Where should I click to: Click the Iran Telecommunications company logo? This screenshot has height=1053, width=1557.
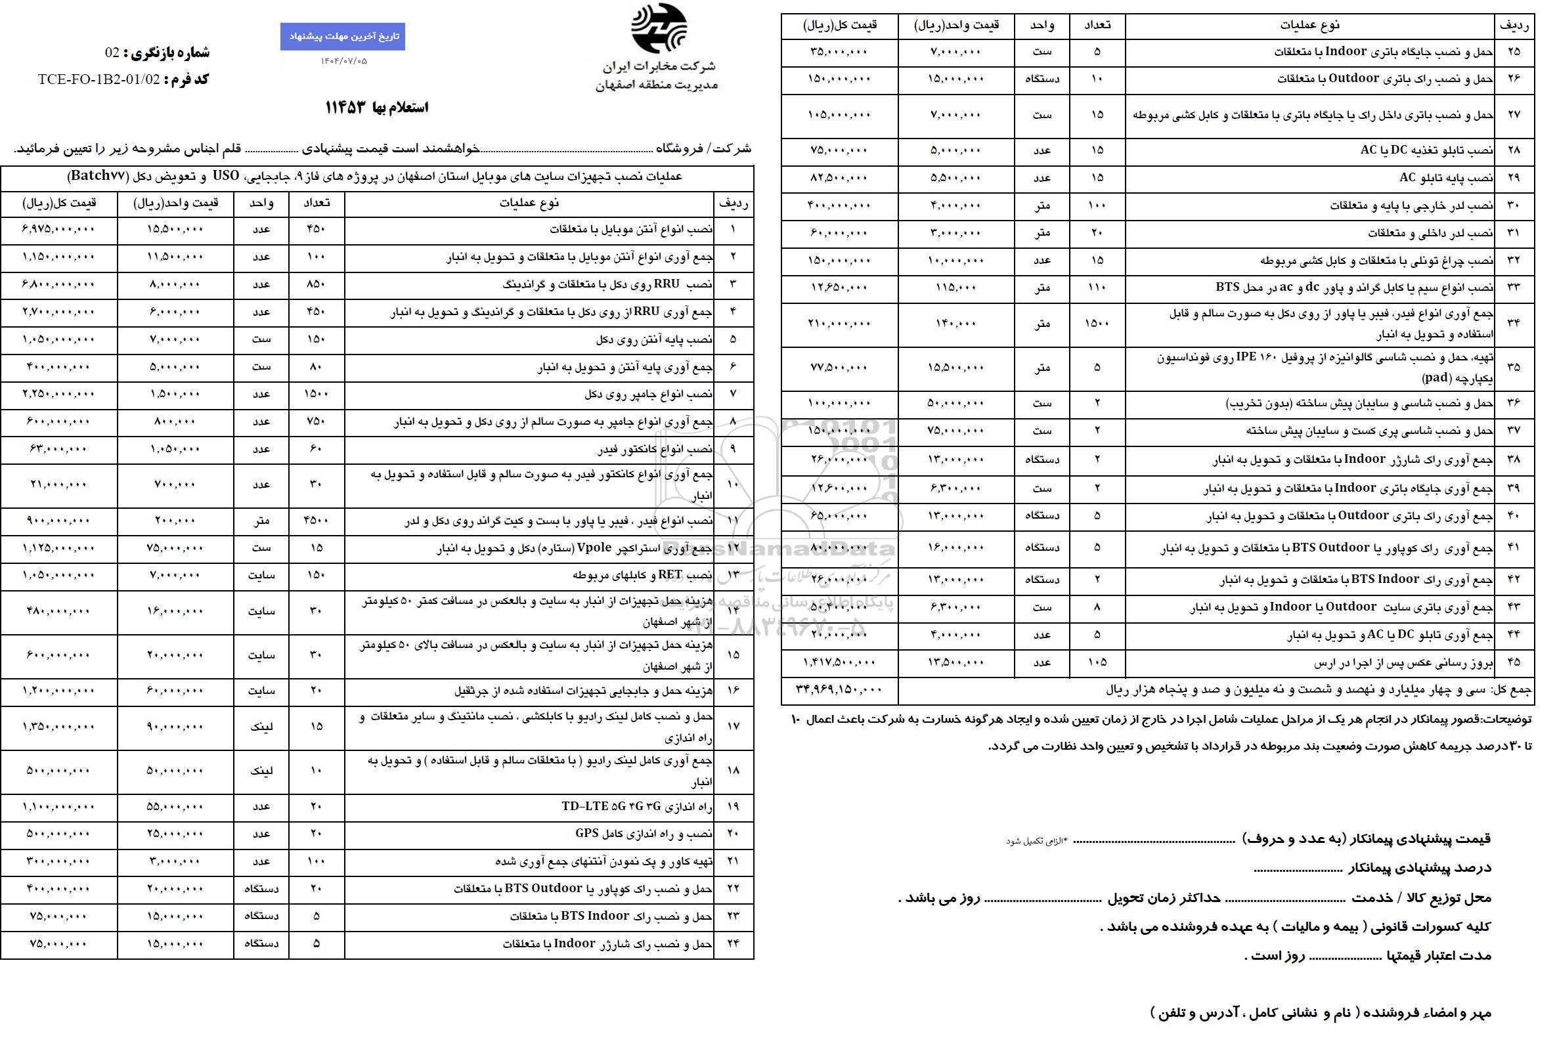click(x=658, y=28)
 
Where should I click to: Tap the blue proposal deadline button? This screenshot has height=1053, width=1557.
click(x=342, y=36)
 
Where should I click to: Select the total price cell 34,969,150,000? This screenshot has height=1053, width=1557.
click(x=839, y=688)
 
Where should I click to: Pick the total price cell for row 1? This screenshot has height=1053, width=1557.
click(x=59, y=230)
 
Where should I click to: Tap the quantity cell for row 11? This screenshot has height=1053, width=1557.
click(x=317, y=520)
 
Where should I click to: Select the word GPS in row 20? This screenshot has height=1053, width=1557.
click(x=586, y=833)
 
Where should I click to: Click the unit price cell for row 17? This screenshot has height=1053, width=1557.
click(x=175, y=727)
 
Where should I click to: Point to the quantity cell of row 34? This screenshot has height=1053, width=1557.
click(x=1097, y=324)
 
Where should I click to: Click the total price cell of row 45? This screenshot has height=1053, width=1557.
click(x=839, y=662)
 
